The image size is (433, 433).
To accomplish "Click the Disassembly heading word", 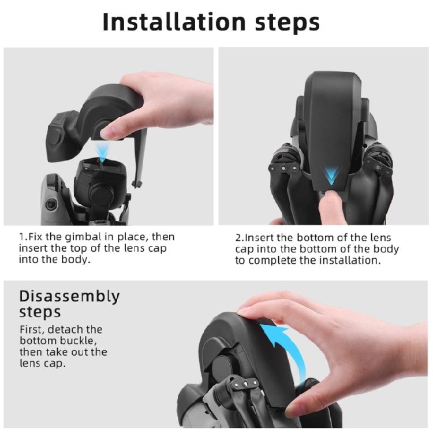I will (69, 297).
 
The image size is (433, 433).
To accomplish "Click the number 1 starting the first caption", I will (23, 237).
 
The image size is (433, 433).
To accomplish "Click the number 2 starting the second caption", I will (238, 237).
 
